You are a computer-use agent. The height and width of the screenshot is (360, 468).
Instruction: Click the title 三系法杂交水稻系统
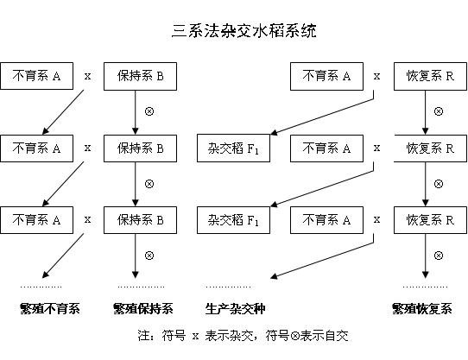click(x=244, y=32)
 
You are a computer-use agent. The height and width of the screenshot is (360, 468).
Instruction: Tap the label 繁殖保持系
click(x=142, y=308)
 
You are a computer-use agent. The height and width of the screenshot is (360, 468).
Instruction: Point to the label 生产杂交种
click(x=235, y=308)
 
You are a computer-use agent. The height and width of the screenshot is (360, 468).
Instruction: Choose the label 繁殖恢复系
click(x=422, y=308)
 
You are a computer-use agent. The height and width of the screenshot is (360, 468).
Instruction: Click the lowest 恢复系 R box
click(x=424, y=218)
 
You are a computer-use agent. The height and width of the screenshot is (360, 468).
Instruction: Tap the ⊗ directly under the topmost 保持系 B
click(x=149, y=111)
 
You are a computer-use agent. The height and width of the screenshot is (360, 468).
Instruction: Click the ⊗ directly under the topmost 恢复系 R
click(x=438, y=111)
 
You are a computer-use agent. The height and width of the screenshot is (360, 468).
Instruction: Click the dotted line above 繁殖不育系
click(x=42, y=286)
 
